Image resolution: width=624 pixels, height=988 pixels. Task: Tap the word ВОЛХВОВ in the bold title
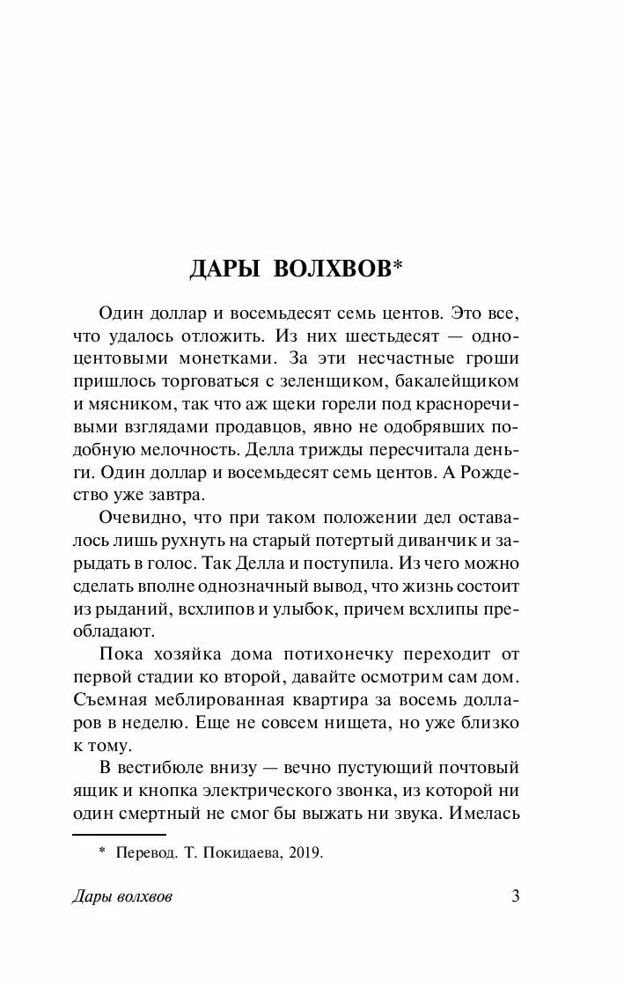click(332, 269)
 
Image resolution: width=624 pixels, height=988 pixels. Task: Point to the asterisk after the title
click(398, 264)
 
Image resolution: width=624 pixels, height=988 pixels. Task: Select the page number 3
click(517, 896)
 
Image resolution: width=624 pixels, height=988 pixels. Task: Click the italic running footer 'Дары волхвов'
click(120, 897)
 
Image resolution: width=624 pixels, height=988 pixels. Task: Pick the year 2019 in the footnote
click(306, 852)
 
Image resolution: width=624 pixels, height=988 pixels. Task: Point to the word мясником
click(122, 404)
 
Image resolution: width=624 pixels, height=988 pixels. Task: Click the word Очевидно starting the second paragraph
click(137, 516)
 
